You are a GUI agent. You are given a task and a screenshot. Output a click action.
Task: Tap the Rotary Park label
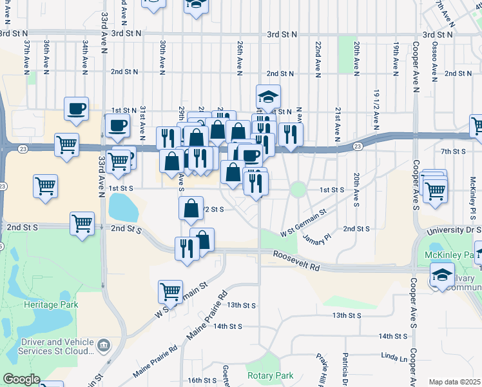[x=270, y=375]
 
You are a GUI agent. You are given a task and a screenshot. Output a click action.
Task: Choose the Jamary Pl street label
[x=317, y=237]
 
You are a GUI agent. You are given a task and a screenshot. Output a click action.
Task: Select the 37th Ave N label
[x=28, y=55]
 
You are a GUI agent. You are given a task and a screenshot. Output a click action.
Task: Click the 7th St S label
[x=453, y=151]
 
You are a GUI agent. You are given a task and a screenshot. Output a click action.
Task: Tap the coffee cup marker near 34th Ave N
[x=76, y=108]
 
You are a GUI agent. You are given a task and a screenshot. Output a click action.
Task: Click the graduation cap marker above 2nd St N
[x=269, y=97]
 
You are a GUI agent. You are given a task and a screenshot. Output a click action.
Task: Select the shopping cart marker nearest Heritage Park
[x=170, y=291]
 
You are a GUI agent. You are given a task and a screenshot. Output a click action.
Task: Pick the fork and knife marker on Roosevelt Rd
[x=187, y=248]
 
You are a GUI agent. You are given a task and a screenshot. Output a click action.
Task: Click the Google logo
[x=21, y=379]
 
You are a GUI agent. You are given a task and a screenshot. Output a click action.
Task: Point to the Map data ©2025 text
[x=454, y=382]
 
